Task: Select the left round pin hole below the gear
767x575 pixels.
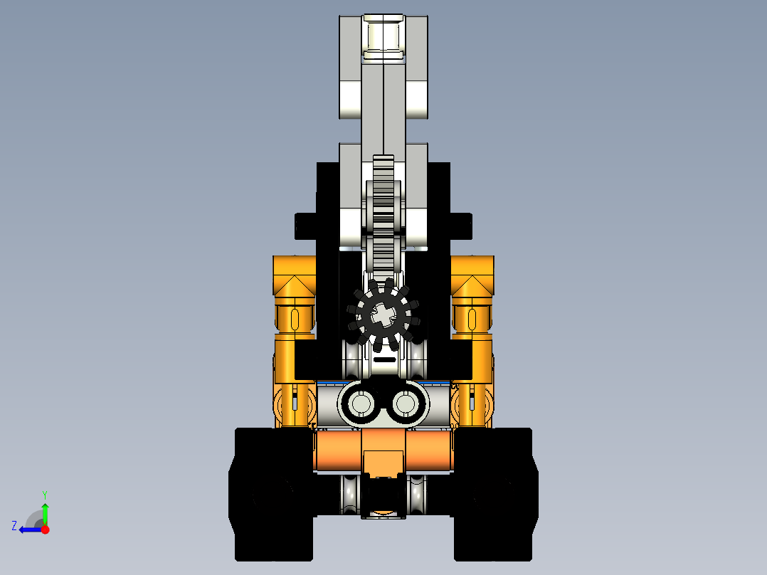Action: (x=361, y=404)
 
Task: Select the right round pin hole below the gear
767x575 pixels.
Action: (x=406, y=404)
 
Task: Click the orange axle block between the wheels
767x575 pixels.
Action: (x=383, y=451)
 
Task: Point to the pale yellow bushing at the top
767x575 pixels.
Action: (x=383, y=36)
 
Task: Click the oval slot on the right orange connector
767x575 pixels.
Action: (x=472, y=317)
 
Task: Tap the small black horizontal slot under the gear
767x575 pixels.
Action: (x=384, y=361)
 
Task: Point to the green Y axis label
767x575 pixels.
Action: (x=44, y=494)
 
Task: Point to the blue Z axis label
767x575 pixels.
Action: (x=14, y=526)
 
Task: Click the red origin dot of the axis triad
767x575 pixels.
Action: (x=46, y=529)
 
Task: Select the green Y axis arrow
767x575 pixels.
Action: (x=46, y=513)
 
